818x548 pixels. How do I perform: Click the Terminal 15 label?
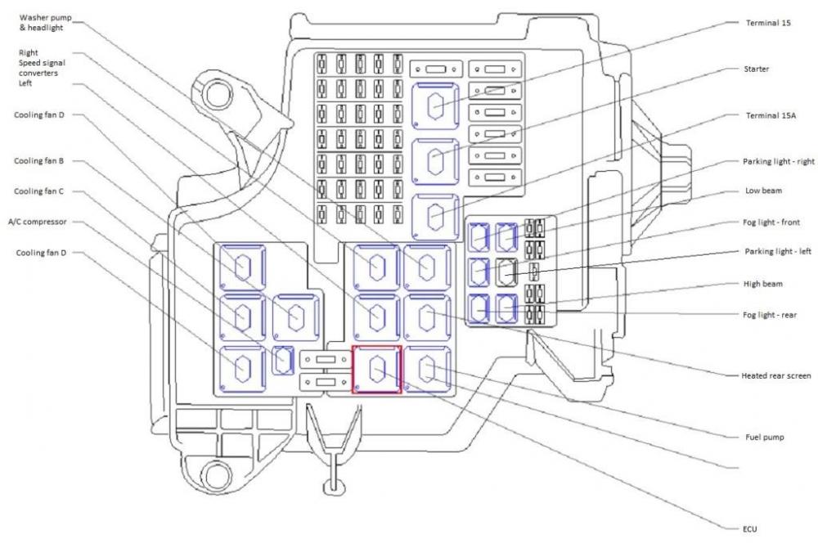(768, 23)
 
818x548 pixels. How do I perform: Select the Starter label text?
(756, 69)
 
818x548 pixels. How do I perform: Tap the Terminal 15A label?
(771, 116)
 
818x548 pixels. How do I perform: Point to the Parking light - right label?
(779, 162)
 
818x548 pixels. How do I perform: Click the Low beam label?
(763, 191)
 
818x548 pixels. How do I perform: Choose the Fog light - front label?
(771, 222)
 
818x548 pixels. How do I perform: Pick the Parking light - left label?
(778, 251)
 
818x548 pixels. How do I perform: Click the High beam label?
(762, 284)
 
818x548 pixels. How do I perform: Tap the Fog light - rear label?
(770, 315)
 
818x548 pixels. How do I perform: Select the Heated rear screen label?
(775, 375)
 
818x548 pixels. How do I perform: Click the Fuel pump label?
(764, 437)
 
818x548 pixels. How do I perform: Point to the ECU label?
(749, 529)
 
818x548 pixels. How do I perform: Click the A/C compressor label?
(38, 222)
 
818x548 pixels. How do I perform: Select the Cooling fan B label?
(39, 161)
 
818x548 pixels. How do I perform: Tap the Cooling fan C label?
(39, 191)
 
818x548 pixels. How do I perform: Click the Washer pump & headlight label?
(45, 23)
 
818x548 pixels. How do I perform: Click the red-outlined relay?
(376, 369)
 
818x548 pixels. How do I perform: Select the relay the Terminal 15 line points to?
(435, 106)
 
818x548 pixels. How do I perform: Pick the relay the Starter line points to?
(435, 162)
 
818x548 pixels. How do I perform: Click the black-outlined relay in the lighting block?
(506, 272)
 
